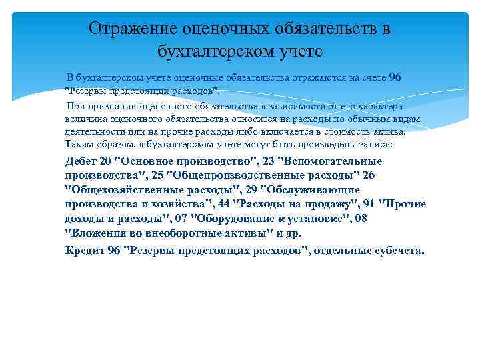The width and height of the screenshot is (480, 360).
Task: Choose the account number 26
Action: point(369,175)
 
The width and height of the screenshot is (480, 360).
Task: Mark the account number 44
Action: point(223,204)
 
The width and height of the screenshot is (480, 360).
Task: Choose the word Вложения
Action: point(94,233)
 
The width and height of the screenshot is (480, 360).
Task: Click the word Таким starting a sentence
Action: point(79,143)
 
